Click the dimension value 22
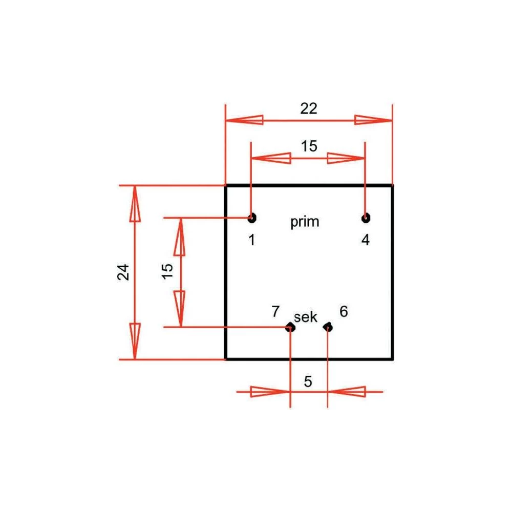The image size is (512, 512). [309, 108]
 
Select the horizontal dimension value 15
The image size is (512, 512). [309, 146]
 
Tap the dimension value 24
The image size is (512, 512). [123, 272]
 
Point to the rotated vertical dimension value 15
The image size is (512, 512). [167, 272]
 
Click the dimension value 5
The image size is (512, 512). [308, 381]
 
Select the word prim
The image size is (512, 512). [305, 222]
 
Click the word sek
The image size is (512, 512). [306, 317]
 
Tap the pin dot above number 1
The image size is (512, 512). [251, 218]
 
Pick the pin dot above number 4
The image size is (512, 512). [365, 218]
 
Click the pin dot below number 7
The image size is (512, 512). [290, 327]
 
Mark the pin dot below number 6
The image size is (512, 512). [328, 327]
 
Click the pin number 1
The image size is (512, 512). [251, 240]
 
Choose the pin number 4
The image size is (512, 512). [365, 240]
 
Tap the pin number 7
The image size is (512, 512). [275, 311]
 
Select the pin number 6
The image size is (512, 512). [344, 311]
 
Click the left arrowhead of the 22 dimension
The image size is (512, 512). [245, 120]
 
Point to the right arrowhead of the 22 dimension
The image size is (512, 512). [373, 120]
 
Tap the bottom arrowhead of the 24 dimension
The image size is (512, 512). [135, 341]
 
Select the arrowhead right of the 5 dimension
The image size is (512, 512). [347, 392]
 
